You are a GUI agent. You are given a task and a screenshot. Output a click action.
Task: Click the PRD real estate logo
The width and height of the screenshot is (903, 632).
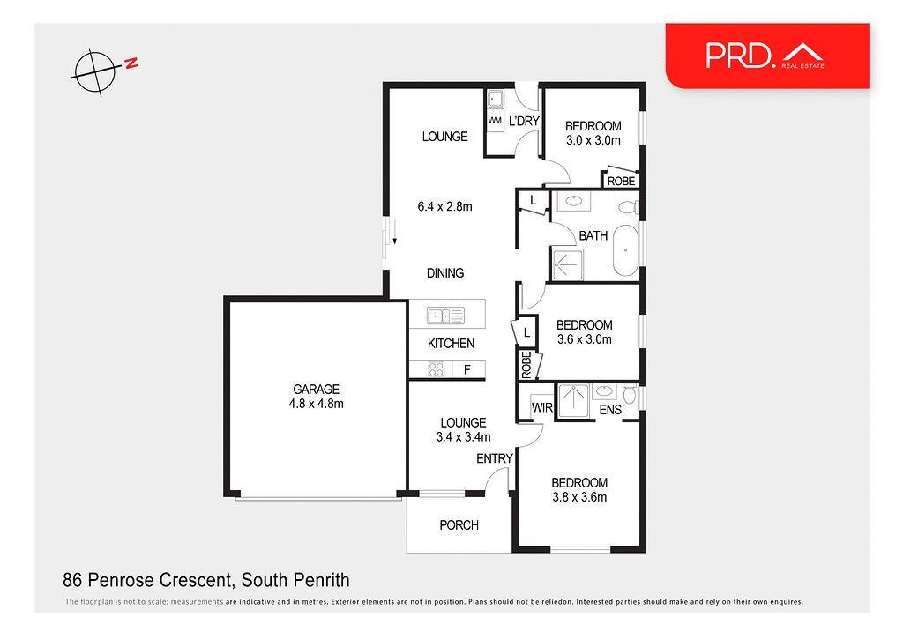765,56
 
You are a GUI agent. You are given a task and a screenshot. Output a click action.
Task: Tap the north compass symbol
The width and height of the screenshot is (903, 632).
95,71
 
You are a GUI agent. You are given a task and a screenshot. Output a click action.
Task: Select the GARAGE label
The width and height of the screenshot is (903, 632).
316,389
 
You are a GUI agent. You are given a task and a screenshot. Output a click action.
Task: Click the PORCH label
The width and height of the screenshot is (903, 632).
459,525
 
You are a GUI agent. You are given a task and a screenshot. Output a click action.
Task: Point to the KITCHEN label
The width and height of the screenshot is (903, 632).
451,344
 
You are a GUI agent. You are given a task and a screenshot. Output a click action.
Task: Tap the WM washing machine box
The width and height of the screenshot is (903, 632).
495,120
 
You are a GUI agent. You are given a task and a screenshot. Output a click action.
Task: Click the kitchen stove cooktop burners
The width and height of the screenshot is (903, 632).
436,370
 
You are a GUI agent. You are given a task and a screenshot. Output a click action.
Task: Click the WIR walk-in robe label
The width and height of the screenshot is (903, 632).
541,408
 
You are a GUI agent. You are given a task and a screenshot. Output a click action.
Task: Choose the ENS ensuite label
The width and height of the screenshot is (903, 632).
610,410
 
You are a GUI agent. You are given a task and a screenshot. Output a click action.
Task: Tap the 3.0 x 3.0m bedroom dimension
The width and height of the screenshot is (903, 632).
593,140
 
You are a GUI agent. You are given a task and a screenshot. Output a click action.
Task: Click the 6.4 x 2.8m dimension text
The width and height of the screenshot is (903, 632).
444,207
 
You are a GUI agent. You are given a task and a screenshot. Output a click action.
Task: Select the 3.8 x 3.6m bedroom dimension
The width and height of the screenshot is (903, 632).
579,497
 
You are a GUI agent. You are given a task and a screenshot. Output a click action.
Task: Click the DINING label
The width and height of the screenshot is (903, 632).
444,273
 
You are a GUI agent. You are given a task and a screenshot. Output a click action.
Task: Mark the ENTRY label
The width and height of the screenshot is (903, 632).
494,458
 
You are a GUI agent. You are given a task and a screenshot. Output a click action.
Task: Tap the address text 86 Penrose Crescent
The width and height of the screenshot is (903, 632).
206,580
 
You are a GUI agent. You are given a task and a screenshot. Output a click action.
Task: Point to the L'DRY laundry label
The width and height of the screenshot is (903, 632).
524,121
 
